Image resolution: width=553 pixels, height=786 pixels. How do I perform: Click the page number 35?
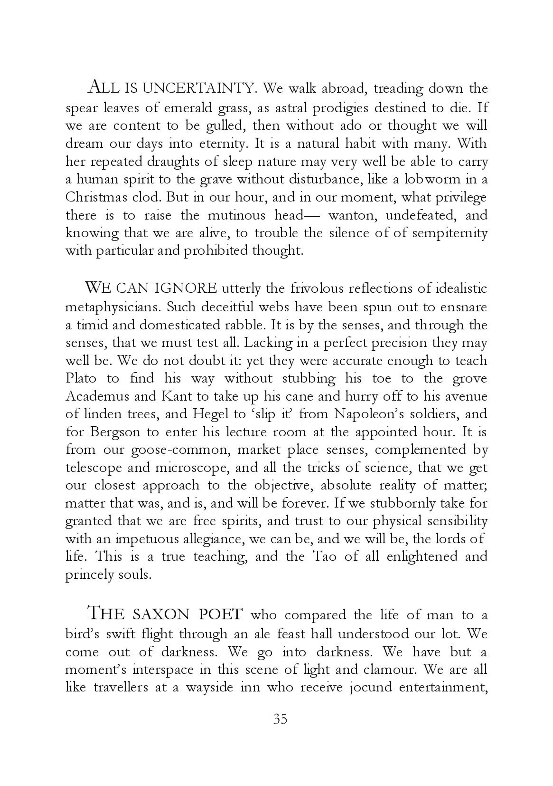[280, 719]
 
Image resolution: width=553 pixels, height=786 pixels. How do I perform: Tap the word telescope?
[94, 468]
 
